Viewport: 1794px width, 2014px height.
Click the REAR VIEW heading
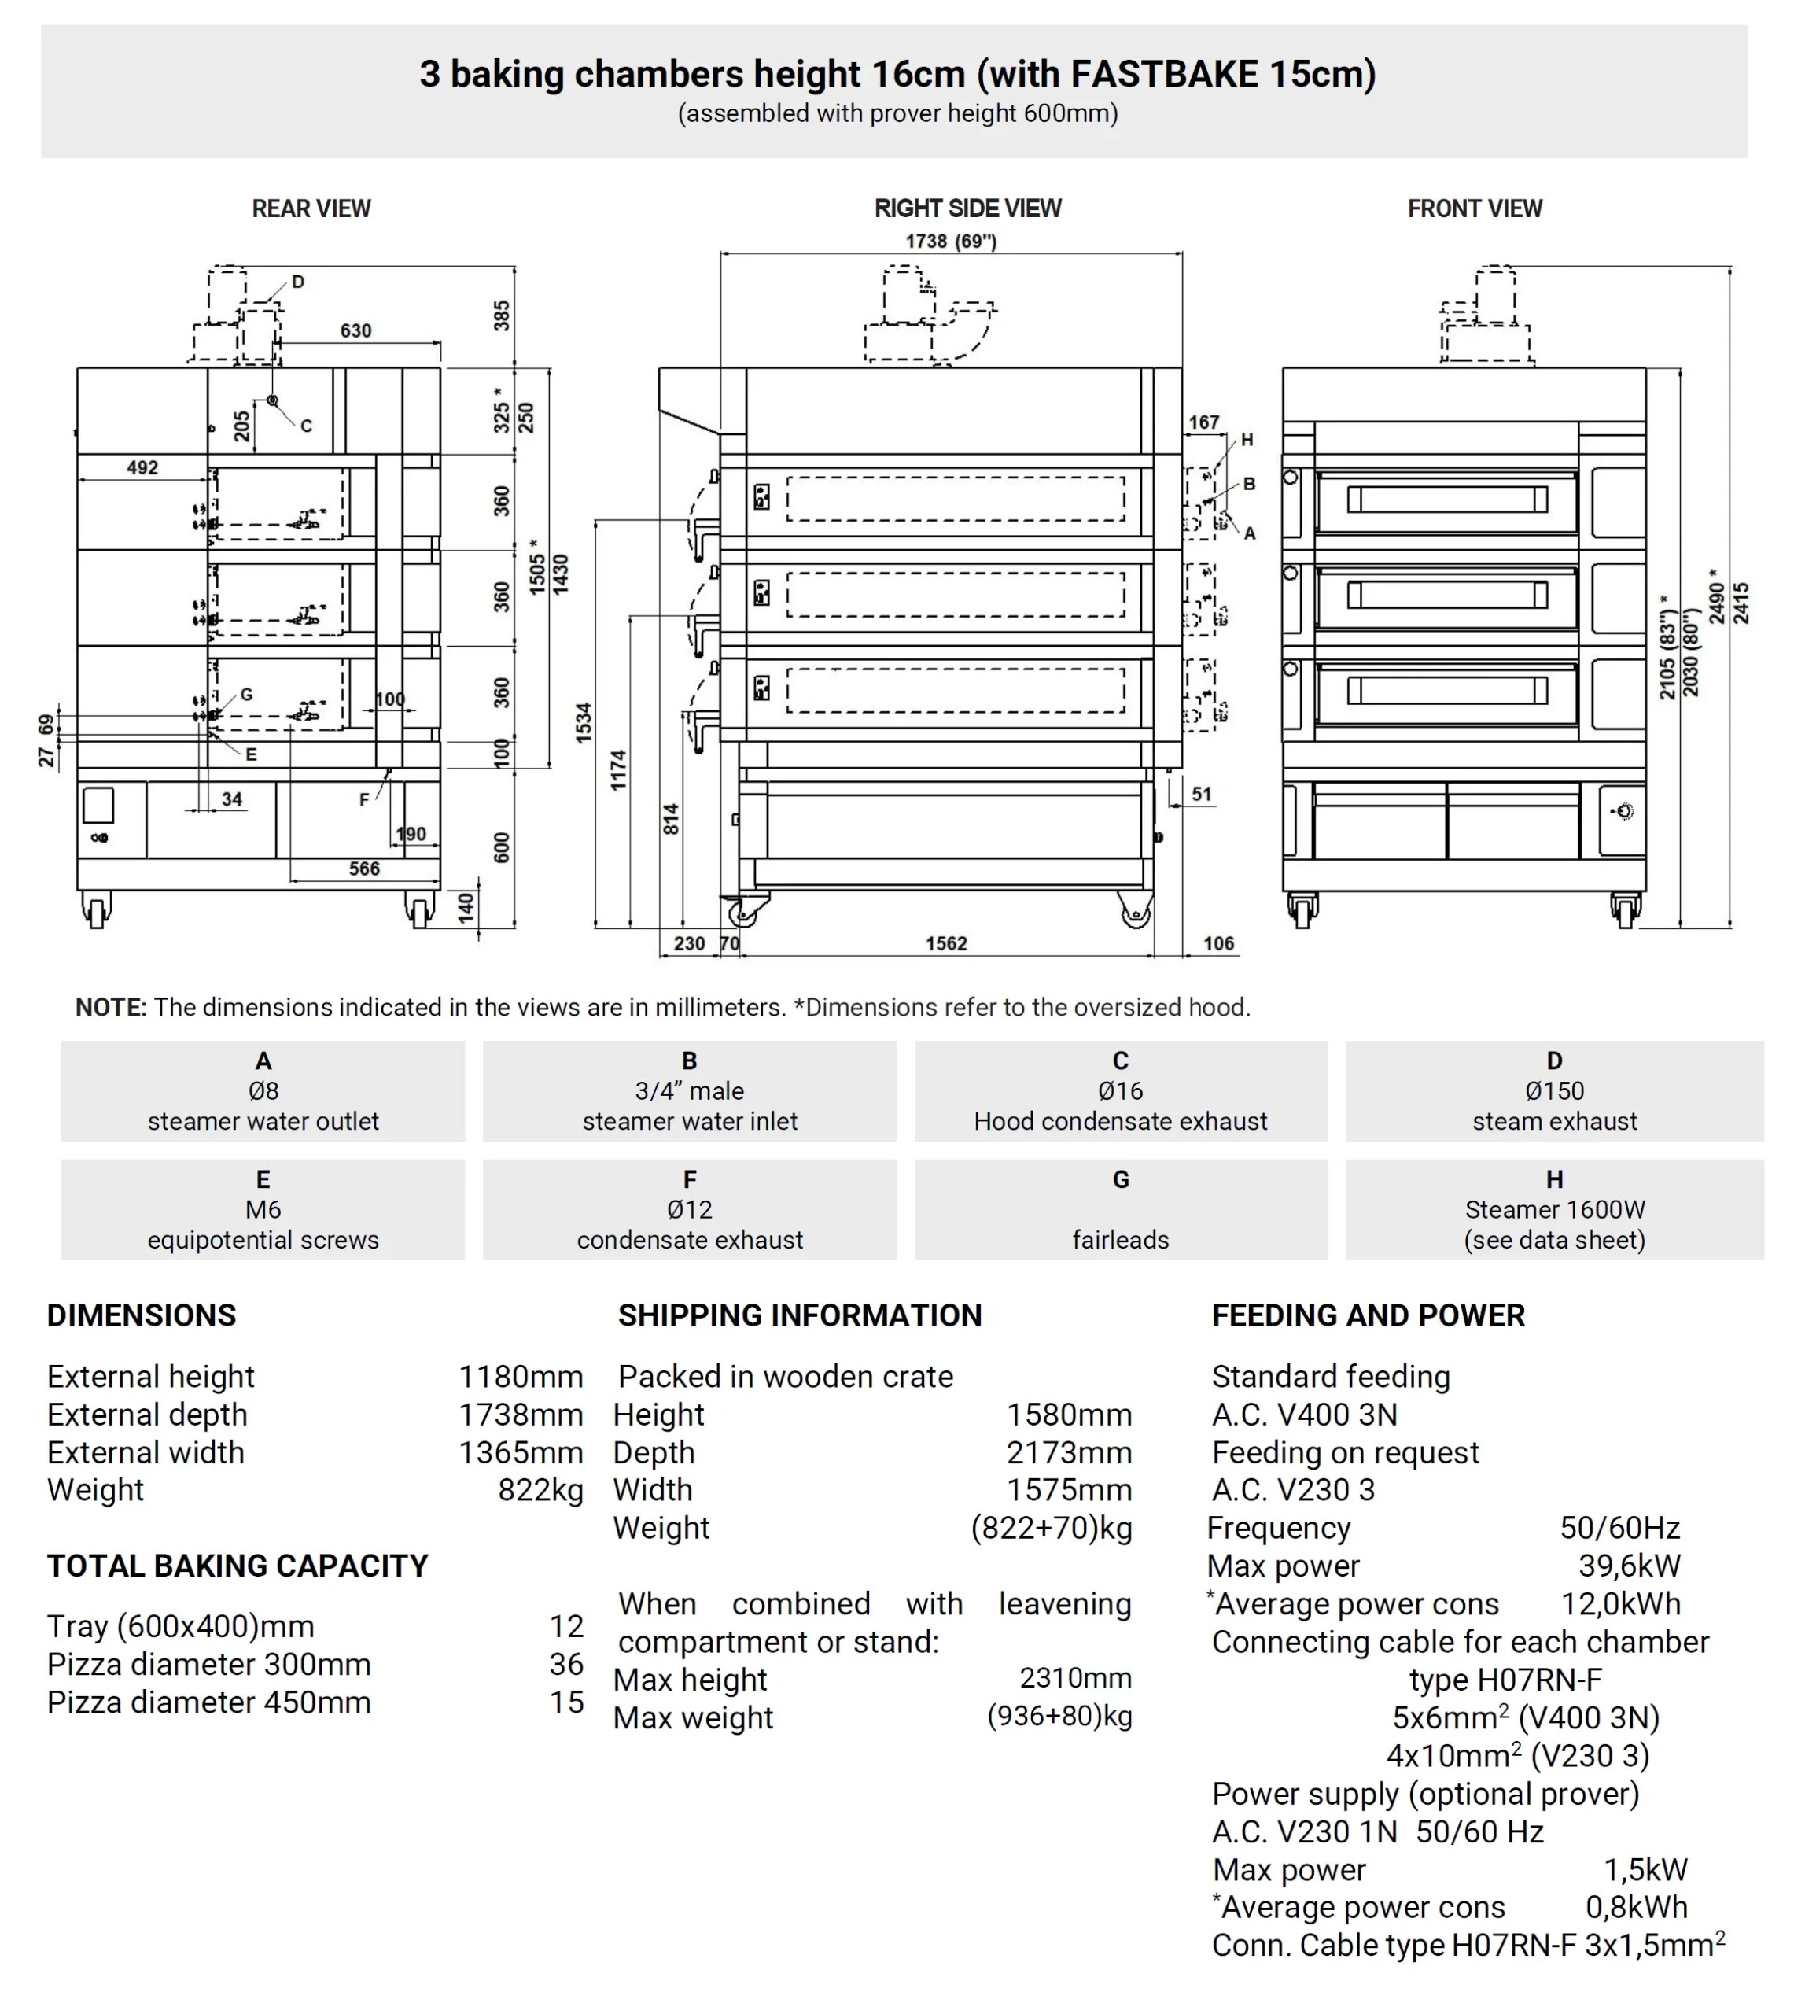[311, 209]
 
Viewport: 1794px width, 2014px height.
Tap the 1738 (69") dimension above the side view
[950, 242]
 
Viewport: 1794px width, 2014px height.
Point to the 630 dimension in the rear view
[355, 330]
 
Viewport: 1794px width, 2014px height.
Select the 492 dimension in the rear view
[142, 467]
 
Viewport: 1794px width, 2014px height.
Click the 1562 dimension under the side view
[945, 943]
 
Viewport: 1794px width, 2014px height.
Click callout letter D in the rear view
[297, 282]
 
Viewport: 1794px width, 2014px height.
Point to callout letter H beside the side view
[1247, 440]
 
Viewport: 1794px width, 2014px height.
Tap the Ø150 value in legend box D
[1553, 1090]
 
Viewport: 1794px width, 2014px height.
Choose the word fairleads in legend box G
[1120, 1239]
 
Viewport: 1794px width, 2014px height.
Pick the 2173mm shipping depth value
[1069, 1452]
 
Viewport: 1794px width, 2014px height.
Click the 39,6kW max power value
[1628, 1566]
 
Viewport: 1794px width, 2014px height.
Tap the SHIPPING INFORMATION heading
[799, 1315]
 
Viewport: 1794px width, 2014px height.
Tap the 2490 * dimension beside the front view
[1717, 596]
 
